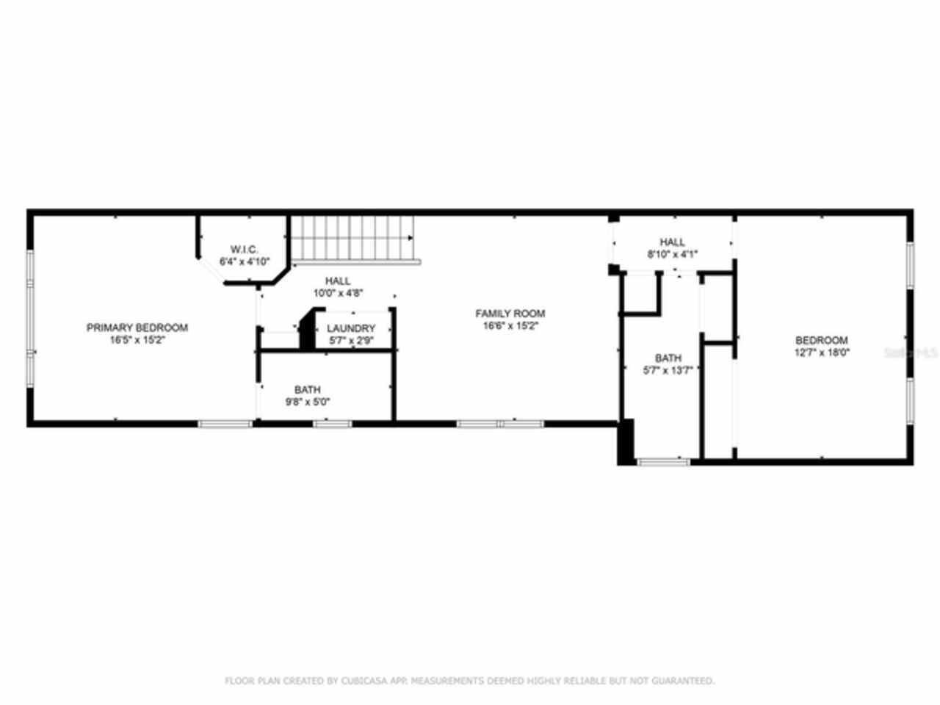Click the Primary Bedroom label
[137, 328]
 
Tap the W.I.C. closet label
[245, 250]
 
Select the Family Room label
[510, 314]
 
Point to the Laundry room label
[351, 328]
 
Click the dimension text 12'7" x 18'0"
[822, 352]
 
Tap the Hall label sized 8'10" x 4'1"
[672, 242]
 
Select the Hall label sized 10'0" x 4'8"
[338, 281]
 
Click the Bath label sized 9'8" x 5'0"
[307, 389]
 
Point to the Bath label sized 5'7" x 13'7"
[668, 358]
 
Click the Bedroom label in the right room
[822, 340]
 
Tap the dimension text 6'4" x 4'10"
[245, 261]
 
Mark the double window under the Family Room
[500, 424]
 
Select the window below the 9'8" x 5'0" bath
[332, 424]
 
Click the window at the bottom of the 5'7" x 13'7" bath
[663, 462]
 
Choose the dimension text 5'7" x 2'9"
[351, 341]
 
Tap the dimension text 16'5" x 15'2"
[137, 340]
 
